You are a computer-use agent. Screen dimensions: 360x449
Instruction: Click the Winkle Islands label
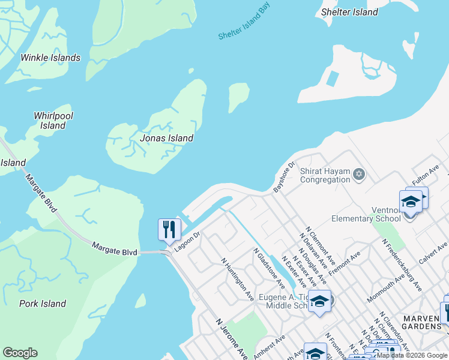[x=50, y=58]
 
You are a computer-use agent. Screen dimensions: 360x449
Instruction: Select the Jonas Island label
[x=166, y=138]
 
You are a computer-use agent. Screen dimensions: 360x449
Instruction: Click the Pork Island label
[x=42, y=304]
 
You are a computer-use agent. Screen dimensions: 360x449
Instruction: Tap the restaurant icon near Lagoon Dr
[x=169, y=230]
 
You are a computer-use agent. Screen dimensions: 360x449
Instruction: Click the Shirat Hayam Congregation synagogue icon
[x=360, y=175]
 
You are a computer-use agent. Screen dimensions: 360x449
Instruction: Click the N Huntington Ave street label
[x=237, y=280]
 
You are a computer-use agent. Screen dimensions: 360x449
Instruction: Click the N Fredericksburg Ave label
[x=402, y=265]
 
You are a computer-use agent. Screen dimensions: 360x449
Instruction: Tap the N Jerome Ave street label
[x=232, y=338]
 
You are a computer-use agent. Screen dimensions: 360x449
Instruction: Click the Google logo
[x=20, y=353]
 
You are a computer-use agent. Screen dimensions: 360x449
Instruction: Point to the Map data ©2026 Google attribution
[x=412, y=355]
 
